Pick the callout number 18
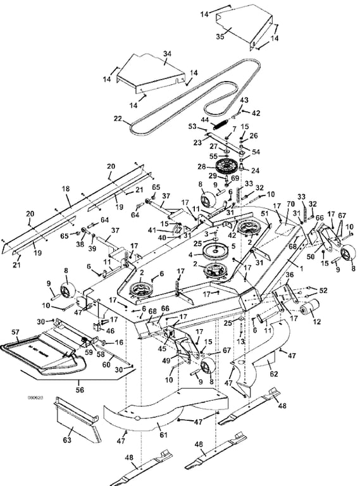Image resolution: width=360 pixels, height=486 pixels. pos(65,189)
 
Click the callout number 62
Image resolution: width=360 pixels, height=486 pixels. pos(273,374)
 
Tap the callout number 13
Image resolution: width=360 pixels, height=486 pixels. pos(240,341)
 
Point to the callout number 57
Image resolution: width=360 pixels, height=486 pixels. pos(15,331)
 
